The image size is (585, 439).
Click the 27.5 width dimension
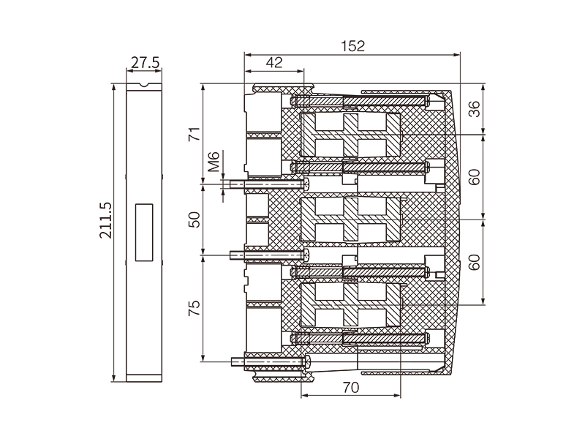tap(144, 63)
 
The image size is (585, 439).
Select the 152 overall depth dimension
tap(353, 45)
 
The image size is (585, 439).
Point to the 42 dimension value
tap(273, 63)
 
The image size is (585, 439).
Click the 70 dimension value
tap(351, 388)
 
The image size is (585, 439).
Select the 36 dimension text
tap(474, 110)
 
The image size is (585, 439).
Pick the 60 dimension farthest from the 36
tap(474, 262)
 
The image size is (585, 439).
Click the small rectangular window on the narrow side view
tap(143, 232)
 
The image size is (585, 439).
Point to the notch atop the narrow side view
tap(145, 86)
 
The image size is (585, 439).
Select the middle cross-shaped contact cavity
tap(350, 219)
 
